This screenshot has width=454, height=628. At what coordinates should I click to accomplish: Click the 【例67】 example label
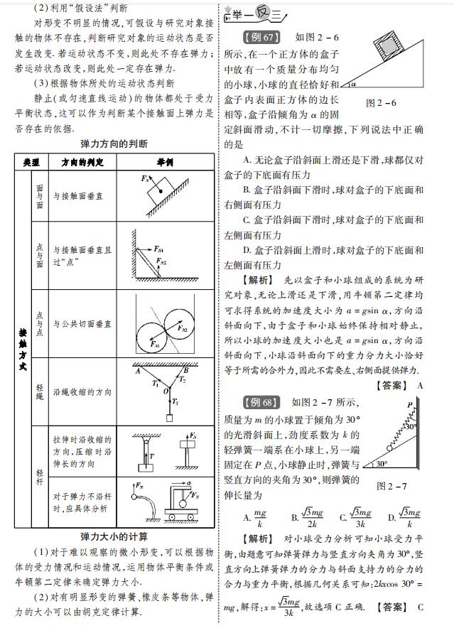[261, 37]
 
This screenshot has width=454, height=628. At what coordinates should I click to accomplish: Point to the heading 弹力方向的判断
[114, 144]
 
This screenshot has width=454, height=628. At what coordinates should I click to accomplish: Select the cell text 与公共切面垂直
[82, 323]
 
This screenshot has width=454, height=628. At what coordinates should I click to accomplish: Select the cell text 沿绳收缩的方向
[82, 391]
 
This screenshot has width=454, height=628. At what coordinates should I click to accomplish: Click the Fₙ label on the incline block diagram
[146, 178]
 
